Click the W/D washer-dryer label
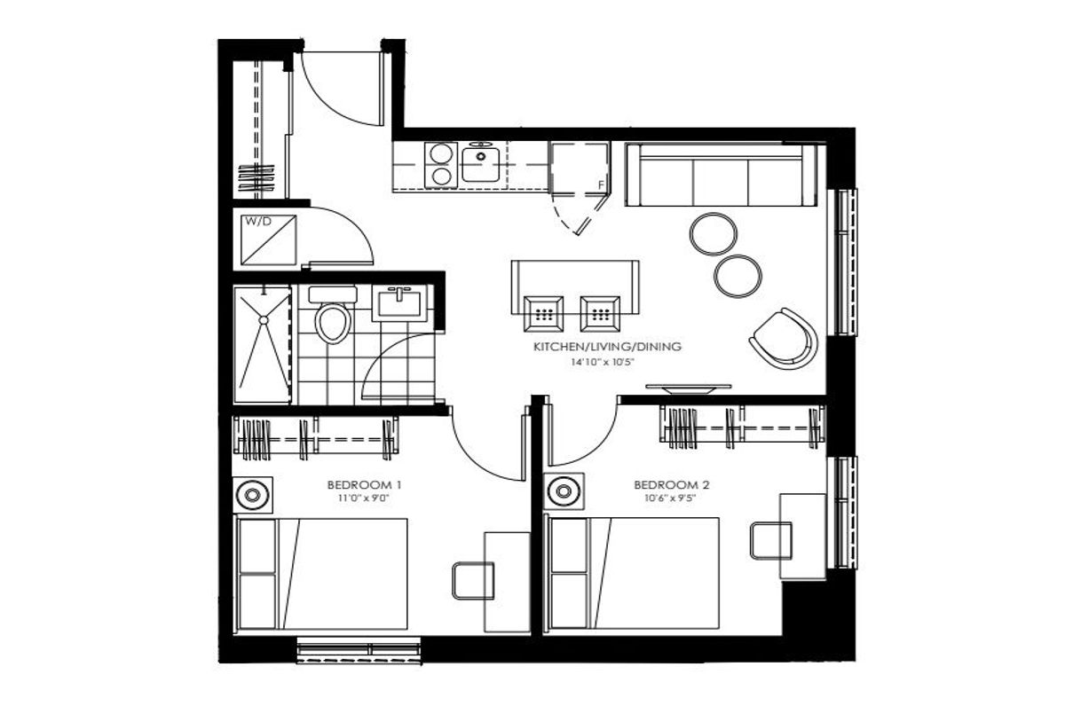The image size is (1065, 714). click(x=258, y=222)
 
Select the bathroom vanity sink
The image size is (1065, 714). click(x=398, y=303)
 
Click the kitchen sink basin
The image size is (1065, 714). click(x=481, y=164)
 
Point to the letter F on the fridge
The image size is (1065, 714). click(x=601, y=184)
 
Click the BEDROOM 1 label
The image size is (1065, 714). click(x=364, y=485)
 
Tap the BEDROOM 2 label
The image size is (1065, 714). click(x=671, y=485)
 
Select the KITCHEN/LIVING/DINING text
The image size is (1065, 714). click(x=607, y=347)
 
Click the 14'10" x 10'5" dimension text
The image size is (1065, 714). click(x=603, y=362)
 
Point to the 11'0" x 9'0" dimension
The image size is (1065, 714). click(x=364, y=498)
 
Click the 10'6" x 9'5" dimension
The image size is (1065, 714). click(x=671, y=498)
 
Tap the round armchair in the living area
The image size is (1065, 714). click(x=783, y=339)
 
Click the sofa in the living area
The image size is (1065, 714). click(x=721, y=175)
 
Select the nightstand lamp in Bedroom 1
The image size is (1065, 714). click(x=252, y=495)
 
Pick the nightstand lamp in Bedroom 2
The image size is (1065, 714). click(x=564, y=491)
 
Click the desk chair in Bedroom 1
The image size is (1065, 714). click(x=472, y=580)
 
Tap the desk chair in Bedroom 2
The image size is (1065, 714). click(x=770, y=541)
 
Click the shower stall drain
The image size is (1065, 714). click(x=264, y=320)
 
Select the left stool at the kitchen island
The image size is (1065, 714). click(x=543, y=314)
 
